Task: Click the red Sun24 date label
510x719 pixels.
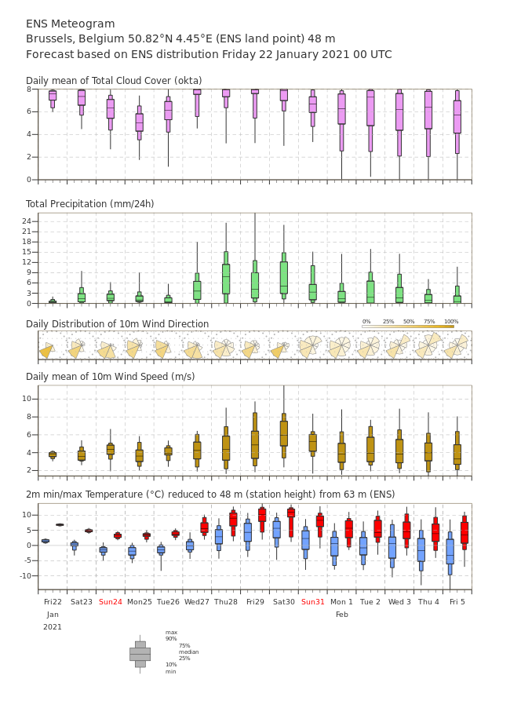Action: [111, 601]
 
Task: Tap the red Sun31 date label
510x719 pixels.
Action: [313, 601]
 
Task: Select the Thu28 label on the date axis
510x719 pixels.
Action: [226, 601]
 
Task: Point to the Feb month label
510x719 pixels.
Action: [342, 615]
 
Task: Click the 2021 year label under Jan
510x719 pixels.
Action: [53, 627]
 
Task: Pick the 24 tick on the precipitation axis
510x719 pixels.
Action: [27, 221]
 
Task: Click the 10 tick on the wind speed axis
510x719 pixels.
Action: [27, 399]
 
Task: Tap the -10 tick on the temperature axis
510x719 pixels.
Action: [25, 575]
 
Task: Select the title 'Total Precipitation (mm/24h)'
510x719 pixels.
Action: [89, 203]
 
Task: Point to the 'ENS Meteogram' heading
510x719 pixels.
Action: [71, 24]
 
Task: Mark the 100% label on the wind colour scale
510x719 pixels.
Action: [451, 322]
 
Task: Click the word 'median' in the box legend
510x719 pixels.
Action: [189, 652]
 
